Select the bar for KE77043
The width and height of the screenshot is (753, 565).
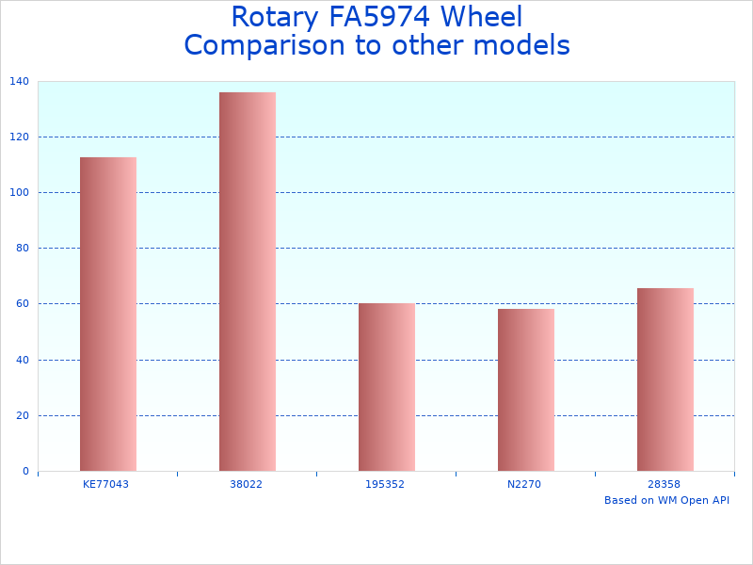pyautogui.click(x=108, y=314)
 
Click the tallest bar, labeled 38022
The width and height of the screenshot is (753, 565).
pyautogui.click(x=248, y=282)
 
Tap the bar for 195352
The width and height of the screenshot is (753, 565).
pyautogui.click(x=387, y=387)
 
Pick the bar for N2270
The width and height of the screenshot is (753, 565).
pyautogui.click(x=526, y=390)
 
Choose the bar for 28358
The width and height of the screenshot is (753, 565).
pyautogui.click(x=665, y=379)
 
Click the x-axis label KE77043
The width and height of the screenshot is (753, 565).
pyautogui.click(x=106, y=484)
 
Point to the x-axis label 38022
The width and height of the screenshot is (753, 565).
pyautogui.click(x=247, y=484)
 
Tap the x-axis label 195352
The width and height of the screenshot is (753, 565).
pyautogui.click(x=385, y=484)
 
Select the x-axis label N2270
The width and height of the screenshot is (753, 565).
pyautogui.click(x=524, y=484)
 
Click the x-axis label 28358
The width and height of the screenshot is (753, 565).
pyautogui.click(x=664, y=484)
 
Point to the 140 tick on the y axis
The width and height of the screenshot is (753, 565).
pyautogui.click(x=19, y=82)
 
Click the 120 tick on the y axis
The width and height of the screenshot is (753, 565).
pyautogui.click(x=19, y=137)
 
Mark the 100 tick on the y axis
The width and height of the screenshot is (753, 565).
pyautogui.click(x=19, y=192)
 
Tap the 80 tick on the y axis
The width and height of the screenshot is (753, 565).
pyautogui.click(x=22, y=248)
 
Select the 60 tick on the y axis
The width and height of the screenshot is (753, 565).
pyautogui.click(x=22, y=303)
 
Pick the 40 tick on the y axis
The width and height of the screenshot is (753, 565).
pyautogui.click(x=22, y=360)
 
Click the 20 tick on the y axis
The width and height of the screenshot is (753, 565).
pyautogui.click(x=22, y=415)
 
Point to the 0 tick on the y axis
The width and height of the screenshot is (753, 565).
pyautogui.click(x=24, y=471)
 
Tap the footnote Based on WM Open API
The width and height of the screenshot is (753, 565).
pyautogui.click(x=666, y=500)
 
